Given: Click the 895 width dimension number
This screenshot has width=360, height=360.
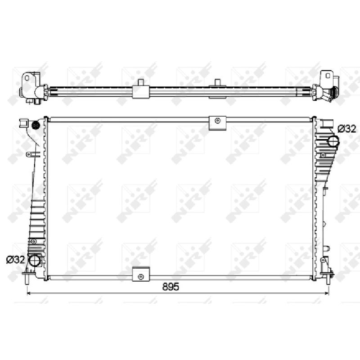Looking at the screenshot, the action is click(x=171, y=287).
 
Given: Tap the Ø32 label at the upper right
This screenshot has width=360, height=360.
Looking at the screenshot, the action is click(x=346, y=129).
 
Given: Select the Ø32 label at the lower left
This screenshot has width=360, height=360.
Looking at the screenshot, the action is click(x=16, y=260).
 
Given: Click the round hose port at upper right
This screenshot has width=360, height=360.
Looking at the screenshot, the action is click(x=333, y=141).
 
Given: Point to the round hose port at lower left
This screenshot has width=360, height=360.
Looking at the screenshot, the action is click(x=34, y=261).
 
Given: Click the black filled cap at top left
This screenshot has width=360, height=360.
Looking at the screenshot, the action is click(x=36, y=126).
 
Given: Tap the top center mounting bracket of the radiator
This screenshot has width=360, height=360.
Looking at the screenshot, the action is click(x=217, y=123).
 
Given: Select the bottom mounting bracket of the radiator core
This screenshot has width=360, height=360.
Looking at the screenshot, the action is click(x=141, y=274).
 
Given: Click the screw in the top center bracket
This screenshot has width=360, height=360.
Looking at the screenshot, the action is click(x=217, y=120).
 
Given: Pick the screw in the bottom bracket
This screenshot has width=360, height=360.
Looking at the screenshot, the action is click(x=141, y=277).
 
